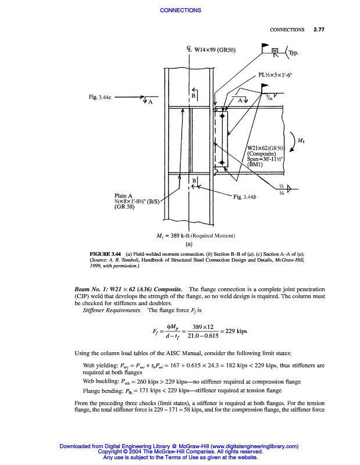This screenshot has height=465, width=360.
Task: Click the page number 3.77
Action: [x=318, y=29]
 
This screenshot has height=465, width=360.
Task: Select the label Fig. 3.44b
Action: [x=245, y=198]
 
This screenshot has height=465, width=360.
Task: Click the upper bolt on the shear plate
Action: [x=222, y=117]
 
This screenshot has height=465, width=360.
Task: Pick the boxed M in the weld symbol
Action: [x=275, y=51]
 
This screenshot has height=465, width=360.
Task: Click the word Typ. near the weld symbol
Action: [x=294, y=53]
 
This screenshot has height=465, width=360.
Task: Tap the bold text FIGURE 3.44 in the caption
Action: [x=104, y=255]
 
